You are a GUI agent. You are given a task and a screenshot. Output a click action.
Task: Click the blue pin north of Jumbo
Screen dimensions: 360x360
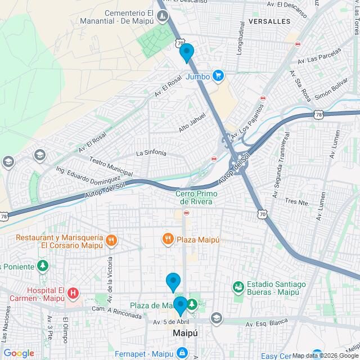point(187,53)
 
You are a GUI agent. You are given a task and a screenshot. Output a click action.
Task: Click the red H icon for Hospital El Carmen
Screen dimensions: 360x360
point(73,293)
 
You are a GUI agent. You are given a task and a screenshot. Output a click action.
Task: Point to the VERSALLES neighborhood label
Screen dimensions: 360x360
point(268,21)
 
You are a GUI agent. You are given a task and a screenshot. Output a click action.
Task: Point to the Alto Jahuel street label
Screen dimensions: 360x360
point(192,122)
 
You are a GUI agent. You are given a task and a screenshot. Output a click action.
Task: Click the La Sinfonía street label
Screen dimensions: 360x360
point(151,153)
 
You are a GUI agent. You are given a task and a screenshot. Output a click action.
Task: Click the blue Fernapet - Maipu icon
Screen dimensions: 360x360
point(182,353)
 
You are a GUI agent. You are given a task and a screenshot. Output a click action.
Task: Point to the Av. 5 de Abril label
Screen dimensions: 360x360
point(172,322)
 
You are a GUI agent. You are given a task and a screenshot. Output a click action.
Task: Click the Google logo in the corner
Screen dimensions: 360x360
point(18,353)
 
